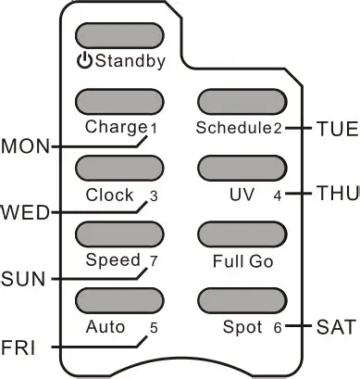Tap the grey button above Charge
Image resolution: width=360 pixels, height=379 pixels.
point(118,101)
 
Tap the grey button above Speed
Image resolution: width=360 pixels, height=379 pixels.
point(118,234)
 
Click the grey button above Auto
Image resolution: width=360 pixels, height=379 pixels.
point(118,300)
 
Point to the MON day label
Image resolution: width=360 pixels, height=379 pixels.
point(21,146)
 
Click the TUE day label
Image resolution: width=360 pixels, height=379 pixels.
point(335,128)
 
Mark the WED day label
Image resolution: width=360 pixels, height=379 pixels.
point(21,212)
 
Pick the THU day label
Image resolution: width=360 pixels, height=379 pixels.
point(335,194)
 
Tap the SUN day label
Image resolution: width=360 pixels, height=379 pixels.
point(20,278)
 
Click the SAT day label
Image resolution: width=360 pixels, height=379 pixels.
point(335,326)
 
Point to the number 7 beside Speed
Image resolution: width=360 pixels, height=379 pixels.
point(154,260)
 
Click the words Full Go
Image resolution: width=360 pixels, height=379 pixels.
point(242,262)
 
